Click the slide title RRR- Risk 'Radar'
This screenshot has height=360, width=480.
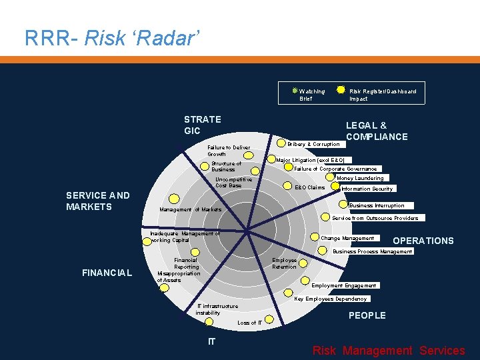click(111, 38)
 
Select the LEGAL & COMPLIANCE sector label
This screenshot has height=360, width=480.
click(377, 131)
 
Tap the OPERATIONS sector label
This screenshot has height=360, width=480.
click(423, 241)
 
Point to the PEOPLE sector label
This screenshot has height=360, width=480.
click(367, 315)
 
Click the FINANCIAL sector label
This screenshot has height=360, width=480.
click(107, 272)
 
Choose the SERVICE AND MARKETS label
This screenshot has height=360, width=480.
click(98, 201)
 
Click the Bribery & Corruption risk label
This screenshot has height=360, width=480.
click(313, 144)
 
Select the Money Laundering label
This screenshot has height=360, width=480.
click(360, 178)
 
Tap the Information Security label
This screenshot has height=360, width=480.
click(367, 189)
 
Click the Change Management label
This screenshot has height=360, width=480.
click(347, 238)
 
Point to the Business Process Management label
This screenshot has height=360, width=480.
click(373, 251)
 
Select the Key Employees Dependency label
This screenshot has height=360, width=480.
click(331, 299)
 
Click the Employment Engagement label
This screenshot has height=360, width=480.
click(344, 285)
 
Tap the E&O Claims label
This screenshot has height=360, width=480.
click(309, 187)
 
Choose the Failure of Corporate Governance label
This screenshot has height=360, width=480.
click(336, 169)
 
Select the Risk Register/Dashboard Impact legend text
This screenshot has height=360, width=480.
click(382, 95)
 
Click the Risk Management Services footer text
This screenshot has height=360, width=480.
click(389, 351)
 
